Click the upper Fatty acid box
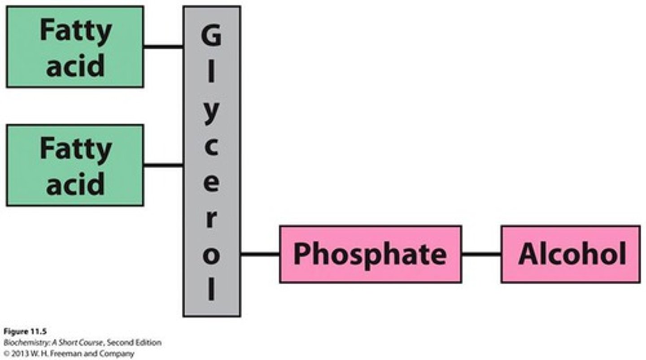(x=75, y=47)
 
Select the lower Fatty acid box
(x=75, y=165)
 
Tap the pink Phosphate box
(x=370, y=254)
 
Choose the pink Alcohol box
(x=570, y=254)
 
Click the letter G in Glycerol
(x=211, y=36)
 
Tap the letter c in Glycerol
(x=211, y=148)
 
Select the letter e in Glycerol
(x=211, y=184)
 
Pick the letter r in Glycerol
(x=212, y=220)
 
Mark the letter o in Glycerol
(x=211, y=256)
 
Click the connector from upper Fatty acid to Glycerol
(x=163, y=46)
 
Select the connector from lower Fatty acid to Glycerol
(x=163, y=165)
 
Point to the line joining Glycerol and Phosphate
(x=260, y=254)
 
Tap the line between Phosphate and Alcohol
(x=481, y=254)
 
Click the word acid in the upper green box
(x=75, y=65)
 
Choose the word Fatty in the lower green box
(x=75, y=149)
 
